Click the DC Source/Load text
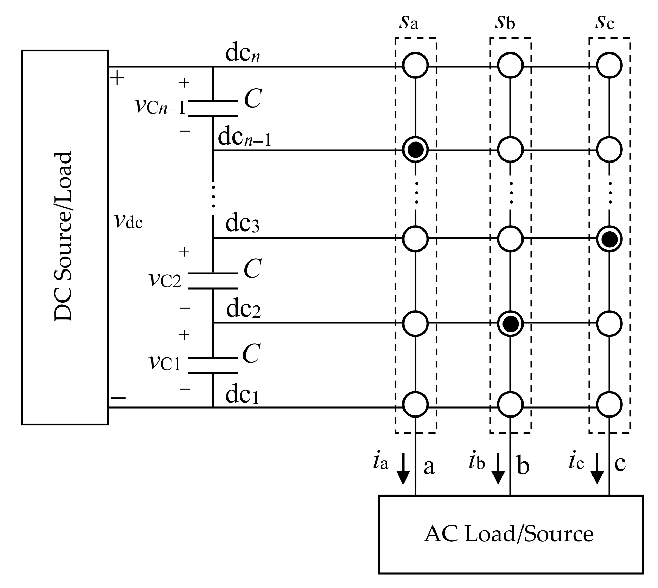click(63, 236)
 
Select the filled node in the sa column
click(415, 150)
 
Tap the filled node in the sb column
click(510, 323)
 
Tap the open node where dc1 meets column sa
click(415, 404)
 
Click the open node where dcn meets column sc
click(609, 65)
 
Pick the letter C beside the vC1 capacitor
click(251, 353)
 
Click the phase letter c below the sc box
click(620, 464)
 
